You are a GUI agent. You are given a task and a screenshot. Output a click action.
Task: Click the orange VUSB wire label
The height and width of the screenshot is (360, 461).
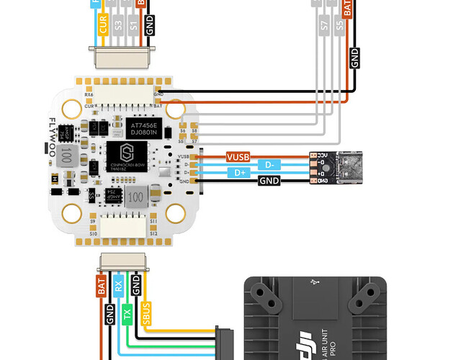tap(238, 156)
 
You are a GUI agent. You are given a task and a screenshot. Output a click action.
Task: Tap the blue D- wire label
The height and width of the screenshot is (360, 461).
tap(269, 164)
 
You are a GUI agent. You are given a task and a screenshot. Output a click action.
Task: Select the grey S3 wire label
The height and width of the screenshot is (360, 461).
tap(118, 25)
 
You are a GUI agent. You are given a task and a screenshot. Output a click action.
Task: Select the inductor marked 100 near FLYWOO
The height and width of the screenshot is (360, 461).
tap(68, 156)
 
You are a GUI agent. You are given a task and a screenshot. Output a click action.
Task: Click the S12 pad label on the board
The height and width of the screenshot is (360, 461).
tap(153, 233)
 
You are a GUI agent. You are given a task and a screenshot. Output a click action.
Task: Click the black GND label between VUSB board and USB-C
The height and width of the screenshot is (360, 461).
tap(269, 181)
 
